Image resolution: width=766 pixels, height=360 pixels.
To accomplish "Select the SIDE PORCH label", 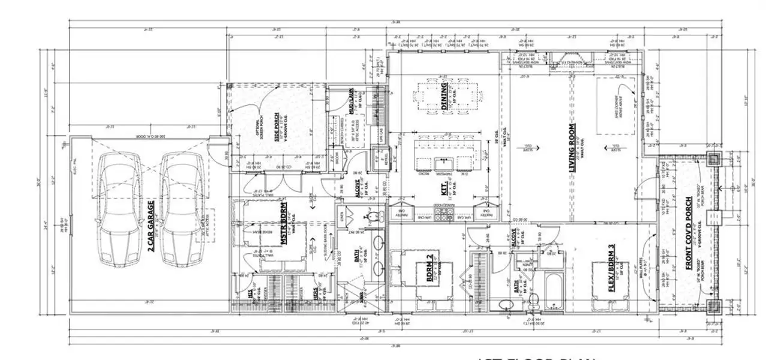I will [x=277, y=126].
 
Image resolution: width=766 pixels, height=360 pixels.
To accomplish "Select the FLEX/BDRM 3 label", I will [x=612, y=268].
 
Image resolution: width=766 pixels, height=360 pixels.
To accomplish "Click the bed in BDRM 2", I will [x=426, y=273].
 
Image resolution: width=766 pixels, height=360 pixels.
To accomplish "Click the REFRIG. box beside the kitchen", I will [x=382, y=154].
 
